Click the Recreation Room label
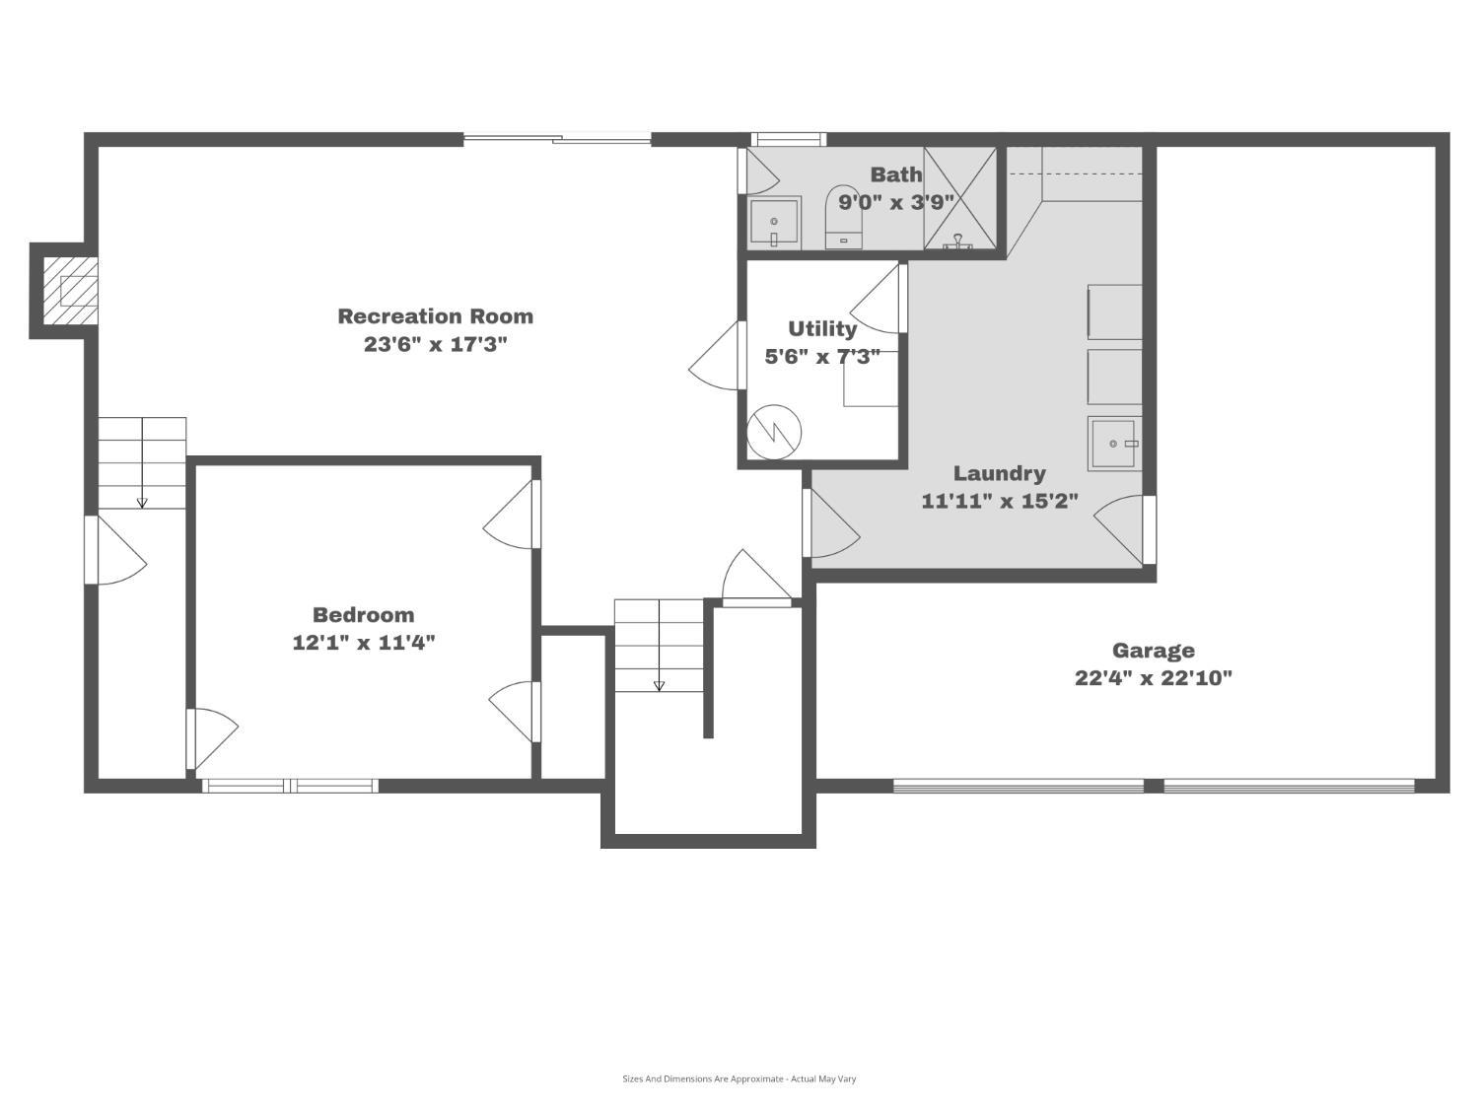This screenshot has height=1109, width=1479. coord(435,315)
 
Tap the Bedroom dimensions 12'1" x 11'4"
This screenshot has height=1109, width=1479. coord(364,643)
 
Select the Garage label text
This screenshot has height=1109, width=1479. coord(1153,651)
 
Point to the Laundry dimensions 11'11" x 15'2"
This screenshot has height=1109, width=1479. coord(1000,501)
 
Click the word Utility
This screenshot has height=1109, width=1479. coord(822,328)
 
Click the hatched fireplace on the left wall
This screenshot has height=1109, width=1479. coord(70,291)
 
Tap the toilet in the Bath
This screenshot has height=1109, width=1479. coord(844,217)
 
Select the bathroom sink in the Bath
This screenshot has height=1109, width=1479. coord(775,223)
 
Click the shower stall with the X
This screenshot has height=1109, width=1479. coord(959,198)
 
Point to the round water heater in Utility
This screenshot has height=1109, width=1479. coord(774,432)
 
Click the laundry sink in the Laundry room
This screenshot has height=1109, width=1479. coord(1114,444)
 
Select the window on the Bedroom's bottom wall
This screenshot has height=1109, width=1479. coord(290,786)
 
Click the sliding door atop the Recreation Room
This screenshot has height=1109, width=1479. coord(557,139)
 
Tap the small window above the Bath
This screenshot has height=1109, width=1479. coord(789,139)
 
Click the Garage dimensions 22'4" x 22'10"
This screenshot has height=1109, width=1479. coord(1153,678)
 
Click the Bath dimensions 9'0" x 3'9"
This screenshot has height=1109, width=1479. coord(896,202)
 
